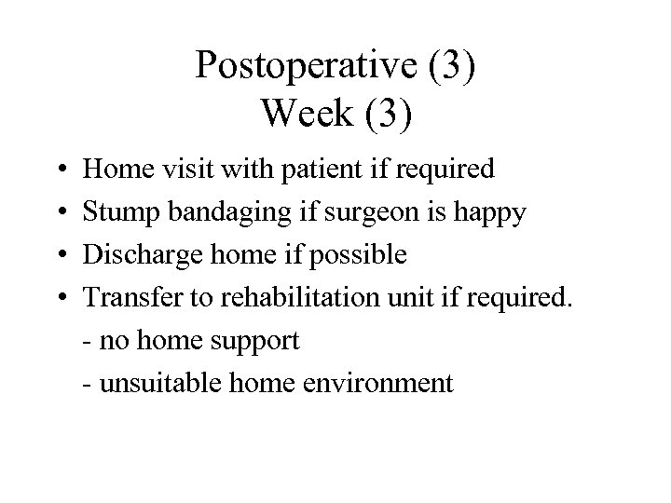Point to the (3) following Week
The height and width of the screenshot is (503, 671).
[x=383, y=113]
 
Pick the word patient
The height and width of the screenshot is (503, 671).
[x=306, y=170]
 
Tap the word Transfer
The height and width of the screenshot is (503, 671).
[x=125, y=298]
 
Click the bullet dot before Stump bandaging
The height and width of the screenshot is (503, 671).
[x=57, y=213]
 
